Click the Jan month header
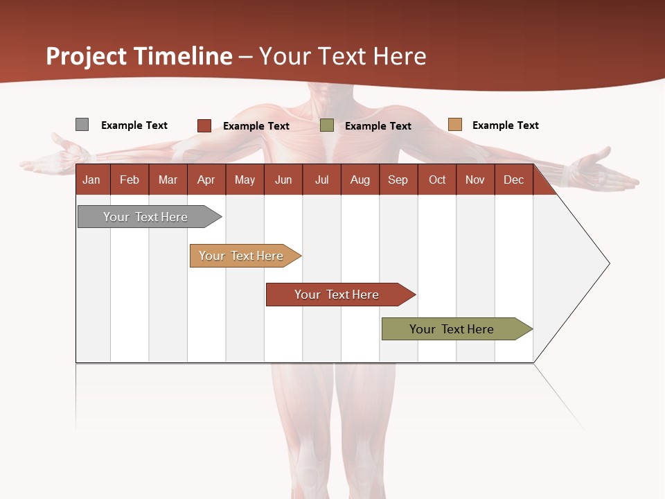pyautogui.click(x=91, y=180)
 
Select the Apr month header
pyautogui.click(x=206, y=180)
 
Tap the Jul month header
pyautogui.click(x=321, y=180)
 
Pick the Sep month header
pyautogui.click(x=398, y=180)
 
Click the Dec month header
pyautogui.click(x=513, y=180)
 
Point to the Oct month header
pyautogui.click(x=437, y=180)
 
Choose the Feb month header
pyautogui.click(x=130, y=180)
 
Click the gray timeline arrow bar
pyautogui.click(x=145, y=217)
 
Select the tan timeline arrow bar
pyautogui.click(x=241, y=256)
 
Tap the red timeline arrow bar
pyautogui.click(x=337, y=295)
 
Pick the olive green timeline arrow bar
pyautogui.click(x=452, y=329)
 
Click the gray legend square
pyautogui.click(x=82, y=125)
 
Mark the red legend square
pyautogui.click(x=204, y=125)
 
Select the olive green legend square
pyautogui.click(x=327, y=125)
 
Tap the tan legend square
pyautogui.click(x=454, y=125)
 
